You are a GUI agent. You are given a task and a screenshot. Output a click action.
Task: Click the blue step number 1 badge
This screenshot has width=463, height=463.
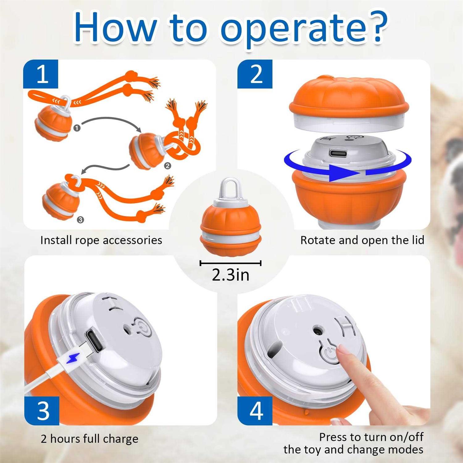41,74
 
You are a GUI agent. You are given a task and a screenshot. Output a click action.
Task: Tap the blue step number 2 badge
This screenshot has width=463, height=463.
255,74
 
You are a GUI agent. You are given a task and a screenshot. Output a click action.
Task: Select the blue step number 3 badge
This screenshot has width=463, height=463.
42,411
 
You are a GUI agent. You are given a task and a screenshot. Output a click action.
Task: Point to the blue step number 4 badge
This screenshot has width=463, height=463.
255,411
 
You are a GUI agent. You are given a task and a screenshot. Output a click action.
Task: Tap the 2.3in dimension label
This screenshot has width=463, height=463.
231,275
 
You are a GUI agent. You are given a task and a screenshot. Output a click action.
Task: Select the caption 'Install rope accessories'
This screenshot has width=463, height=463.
101,240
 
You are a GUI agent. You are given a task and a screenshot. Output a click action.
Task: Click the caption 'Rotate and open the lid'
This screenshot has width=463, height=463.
362,240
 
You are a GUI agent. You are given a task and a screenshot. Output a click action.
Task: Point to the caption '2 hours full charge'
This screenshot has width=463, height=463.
90,439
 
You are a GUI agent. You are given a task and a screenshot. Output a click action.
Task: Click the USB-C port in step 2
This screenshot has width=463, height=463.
338,153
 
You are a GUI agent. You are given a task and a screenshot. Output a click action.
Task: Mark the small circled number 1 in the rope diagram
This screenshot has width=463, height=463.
77,128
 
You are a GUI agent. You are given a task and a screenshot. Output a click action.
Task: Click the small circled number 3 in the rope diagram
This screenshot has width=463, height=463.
80,220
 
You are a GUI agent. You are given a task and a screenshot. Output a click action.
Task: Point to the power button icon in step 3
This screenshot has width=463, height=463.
143,327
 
